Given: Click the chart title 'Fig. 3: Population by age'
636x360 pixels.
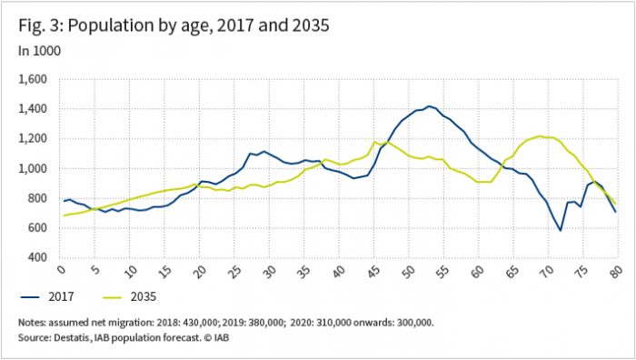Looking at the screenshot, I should pyautogui.click(x=173, y=25).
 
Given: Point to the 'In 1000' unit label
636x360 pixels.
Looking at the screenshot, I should pyautogui.click(x=39, y=51).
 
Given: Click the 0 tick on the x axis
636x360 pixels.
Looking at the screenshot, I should pyautogui.click(x=61, y=272).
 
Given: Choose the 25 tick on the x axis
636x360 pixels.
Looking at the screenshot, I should pyautogui.click(x=234, y=272).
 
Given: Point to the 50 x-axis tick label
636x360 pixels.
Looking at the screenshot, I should pyautogui.click(x=409, y=272).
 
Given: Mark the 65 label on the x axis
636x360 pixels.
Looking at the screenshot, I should pyautogui.click(x=513, y=272).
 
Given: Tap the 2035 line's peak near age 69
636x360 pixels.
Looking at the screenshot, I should pyautogui.click(x=541, y=136).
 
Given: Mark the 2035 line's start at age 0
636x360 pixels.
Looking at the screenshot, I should pyautogui.click(x=62, y=215).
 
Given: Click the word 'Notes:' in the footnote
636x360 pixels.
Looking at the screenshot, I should pyautogui.click(x=35, y=323).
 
